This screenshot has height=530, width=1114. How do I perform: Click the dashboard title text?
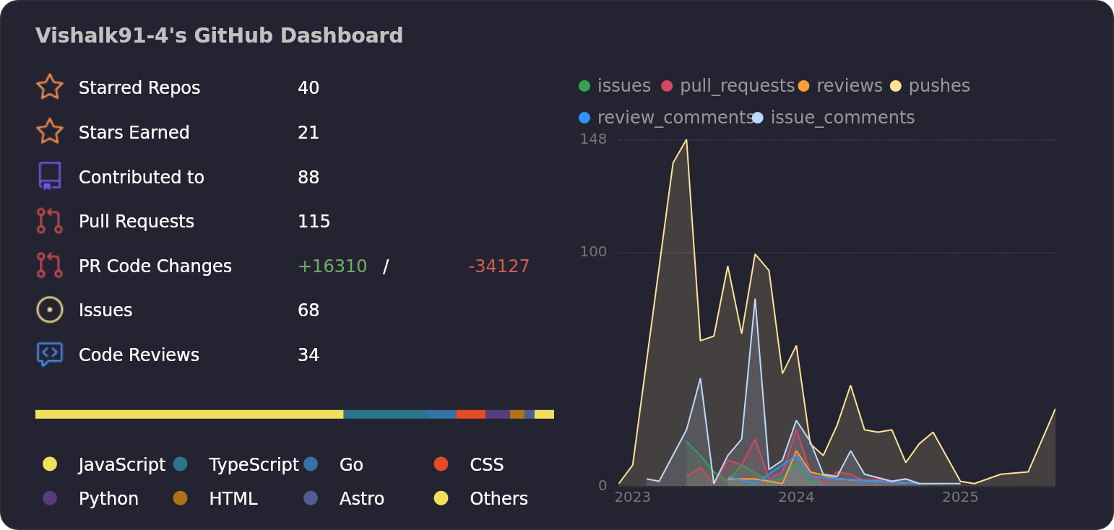point(219,35)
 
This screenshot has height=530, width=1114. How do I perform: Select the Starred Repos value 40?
point(308,88)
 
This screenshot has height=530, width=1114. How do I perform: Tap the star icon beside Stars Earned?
point(49,131)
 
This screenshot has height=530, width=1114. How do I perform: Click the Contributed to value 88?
point(308,178)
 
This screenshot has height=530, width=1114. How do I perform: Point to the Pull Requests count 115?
point(314,222)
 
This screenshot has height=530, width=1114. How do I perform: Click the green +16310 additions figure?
point(332,266)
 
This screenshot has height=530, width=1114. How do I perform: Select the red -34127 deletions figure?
point(498,266)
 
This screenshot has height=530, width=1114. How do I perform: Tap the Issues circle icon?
point(49,310)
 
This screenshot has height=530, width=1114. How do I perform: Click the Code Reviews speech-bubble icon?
point(49,354)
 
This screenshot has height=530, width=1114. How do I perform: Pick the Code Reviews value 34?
point(308,355)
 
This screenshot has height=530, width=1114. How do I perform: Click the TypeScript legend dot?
point(181,464)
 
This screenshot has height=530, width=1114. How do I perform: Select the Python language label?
point(108,499)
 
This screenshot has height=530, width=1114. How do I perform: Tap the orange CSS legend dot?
point(441,464)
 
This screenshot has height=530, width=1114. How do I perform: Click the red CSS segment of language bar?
point(470,414)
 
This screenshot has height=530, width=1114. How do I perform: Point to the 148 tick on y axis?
point(593,139)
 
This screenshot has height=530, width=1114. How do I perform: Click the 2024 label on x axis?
point(796,498)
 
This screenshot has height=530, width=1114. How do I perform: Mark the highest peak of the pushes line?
point(686,140)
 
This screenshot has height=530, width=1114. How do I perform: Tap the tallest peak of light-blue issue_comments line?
point(755,299)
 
